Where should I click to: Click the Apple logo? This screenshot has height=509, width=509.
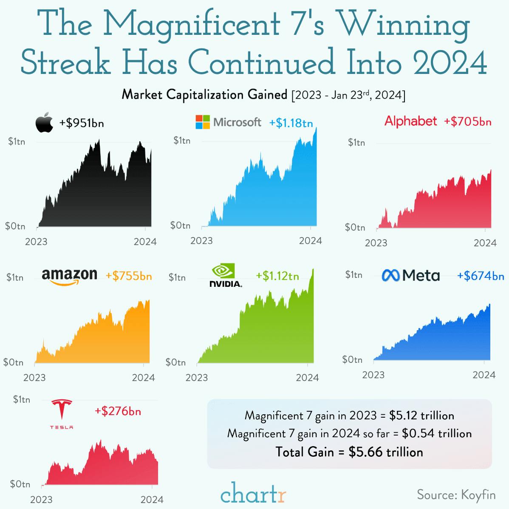(44, 123)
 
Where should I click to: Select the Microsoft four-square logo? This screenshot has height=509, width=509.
(203, 122)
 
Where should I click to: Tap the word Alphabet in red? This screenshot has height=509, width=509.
(410, 121)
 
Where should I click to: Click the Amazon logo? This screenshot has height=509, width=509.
(69, 277)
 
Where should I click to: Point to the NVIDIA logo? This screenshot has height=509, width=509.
(226, 275)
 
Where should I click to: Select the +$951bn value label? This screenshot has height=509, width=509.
(82, 123)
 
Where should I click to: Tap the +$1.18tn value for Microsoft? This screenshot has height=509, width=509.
(291, 123)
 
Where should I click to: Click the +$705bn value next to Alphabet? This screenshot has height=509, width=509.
(468, 122)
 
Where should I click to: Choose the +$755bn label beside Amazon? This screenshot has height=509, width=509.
(129, 276)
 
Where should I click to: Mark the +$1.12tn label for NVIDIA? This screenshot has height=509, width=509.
(277, 276)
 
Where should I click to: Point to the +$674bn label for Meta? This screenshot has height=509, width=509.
(481, 276)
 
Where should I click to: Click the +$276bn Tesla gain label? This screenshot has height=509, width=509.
(118, 411)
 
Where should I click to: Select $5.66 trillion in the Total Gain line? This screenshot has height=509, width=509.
(386, 452)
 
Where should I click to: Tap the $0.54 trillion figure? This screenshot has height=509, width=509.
(437, 433)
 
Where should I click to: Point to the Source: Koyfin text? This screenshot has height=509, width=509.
(456, 495)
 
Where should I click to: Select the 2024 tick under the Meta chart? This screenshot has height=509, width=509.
(484, 375)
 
